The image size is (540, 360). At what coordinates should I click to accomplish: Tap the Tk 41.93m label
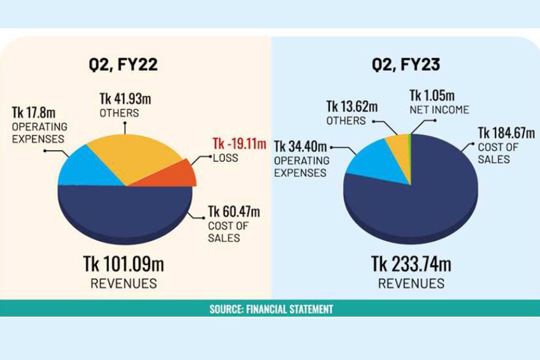125,98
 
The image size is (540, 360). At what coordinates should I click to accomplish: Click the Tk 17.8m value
34,113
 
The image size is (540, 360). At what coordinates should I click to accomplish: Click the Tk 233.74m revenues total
411,263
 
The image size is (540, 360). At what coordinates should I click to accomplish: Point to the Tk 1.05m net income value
432,96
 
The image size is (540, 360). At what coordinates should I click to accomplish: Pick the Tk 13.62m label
352,107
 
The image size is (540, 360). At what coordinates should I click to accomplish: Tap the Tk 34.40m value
301,146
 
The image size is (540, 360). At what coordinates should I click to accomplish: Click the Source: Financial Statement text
271,309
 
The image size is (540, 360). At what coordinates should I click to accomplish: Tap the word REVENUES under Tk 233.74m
411,283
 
